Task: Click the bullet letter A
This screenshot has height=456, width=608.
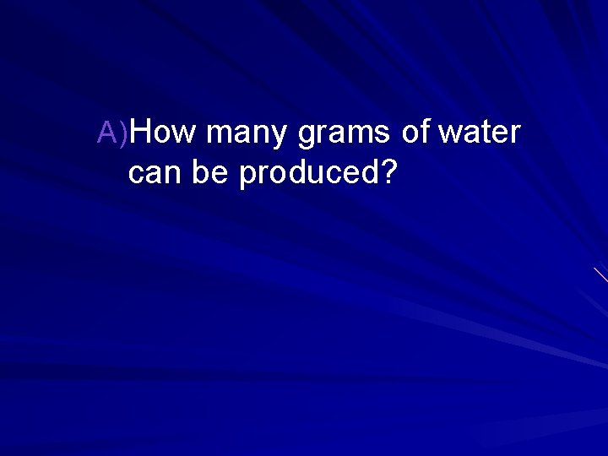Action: click(109, 133)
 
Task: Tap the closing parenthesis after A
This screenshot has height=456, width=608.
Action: click(125, 133)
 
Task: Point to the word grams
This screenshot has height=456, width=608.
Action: click(343, 134)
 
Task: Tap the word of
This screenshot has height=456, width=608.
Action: click(415, 133)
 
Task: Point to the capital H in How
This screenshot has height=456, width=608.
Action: click(143, 133)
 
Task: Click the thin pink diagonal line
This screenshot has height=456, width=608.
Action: click(600, 274)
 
